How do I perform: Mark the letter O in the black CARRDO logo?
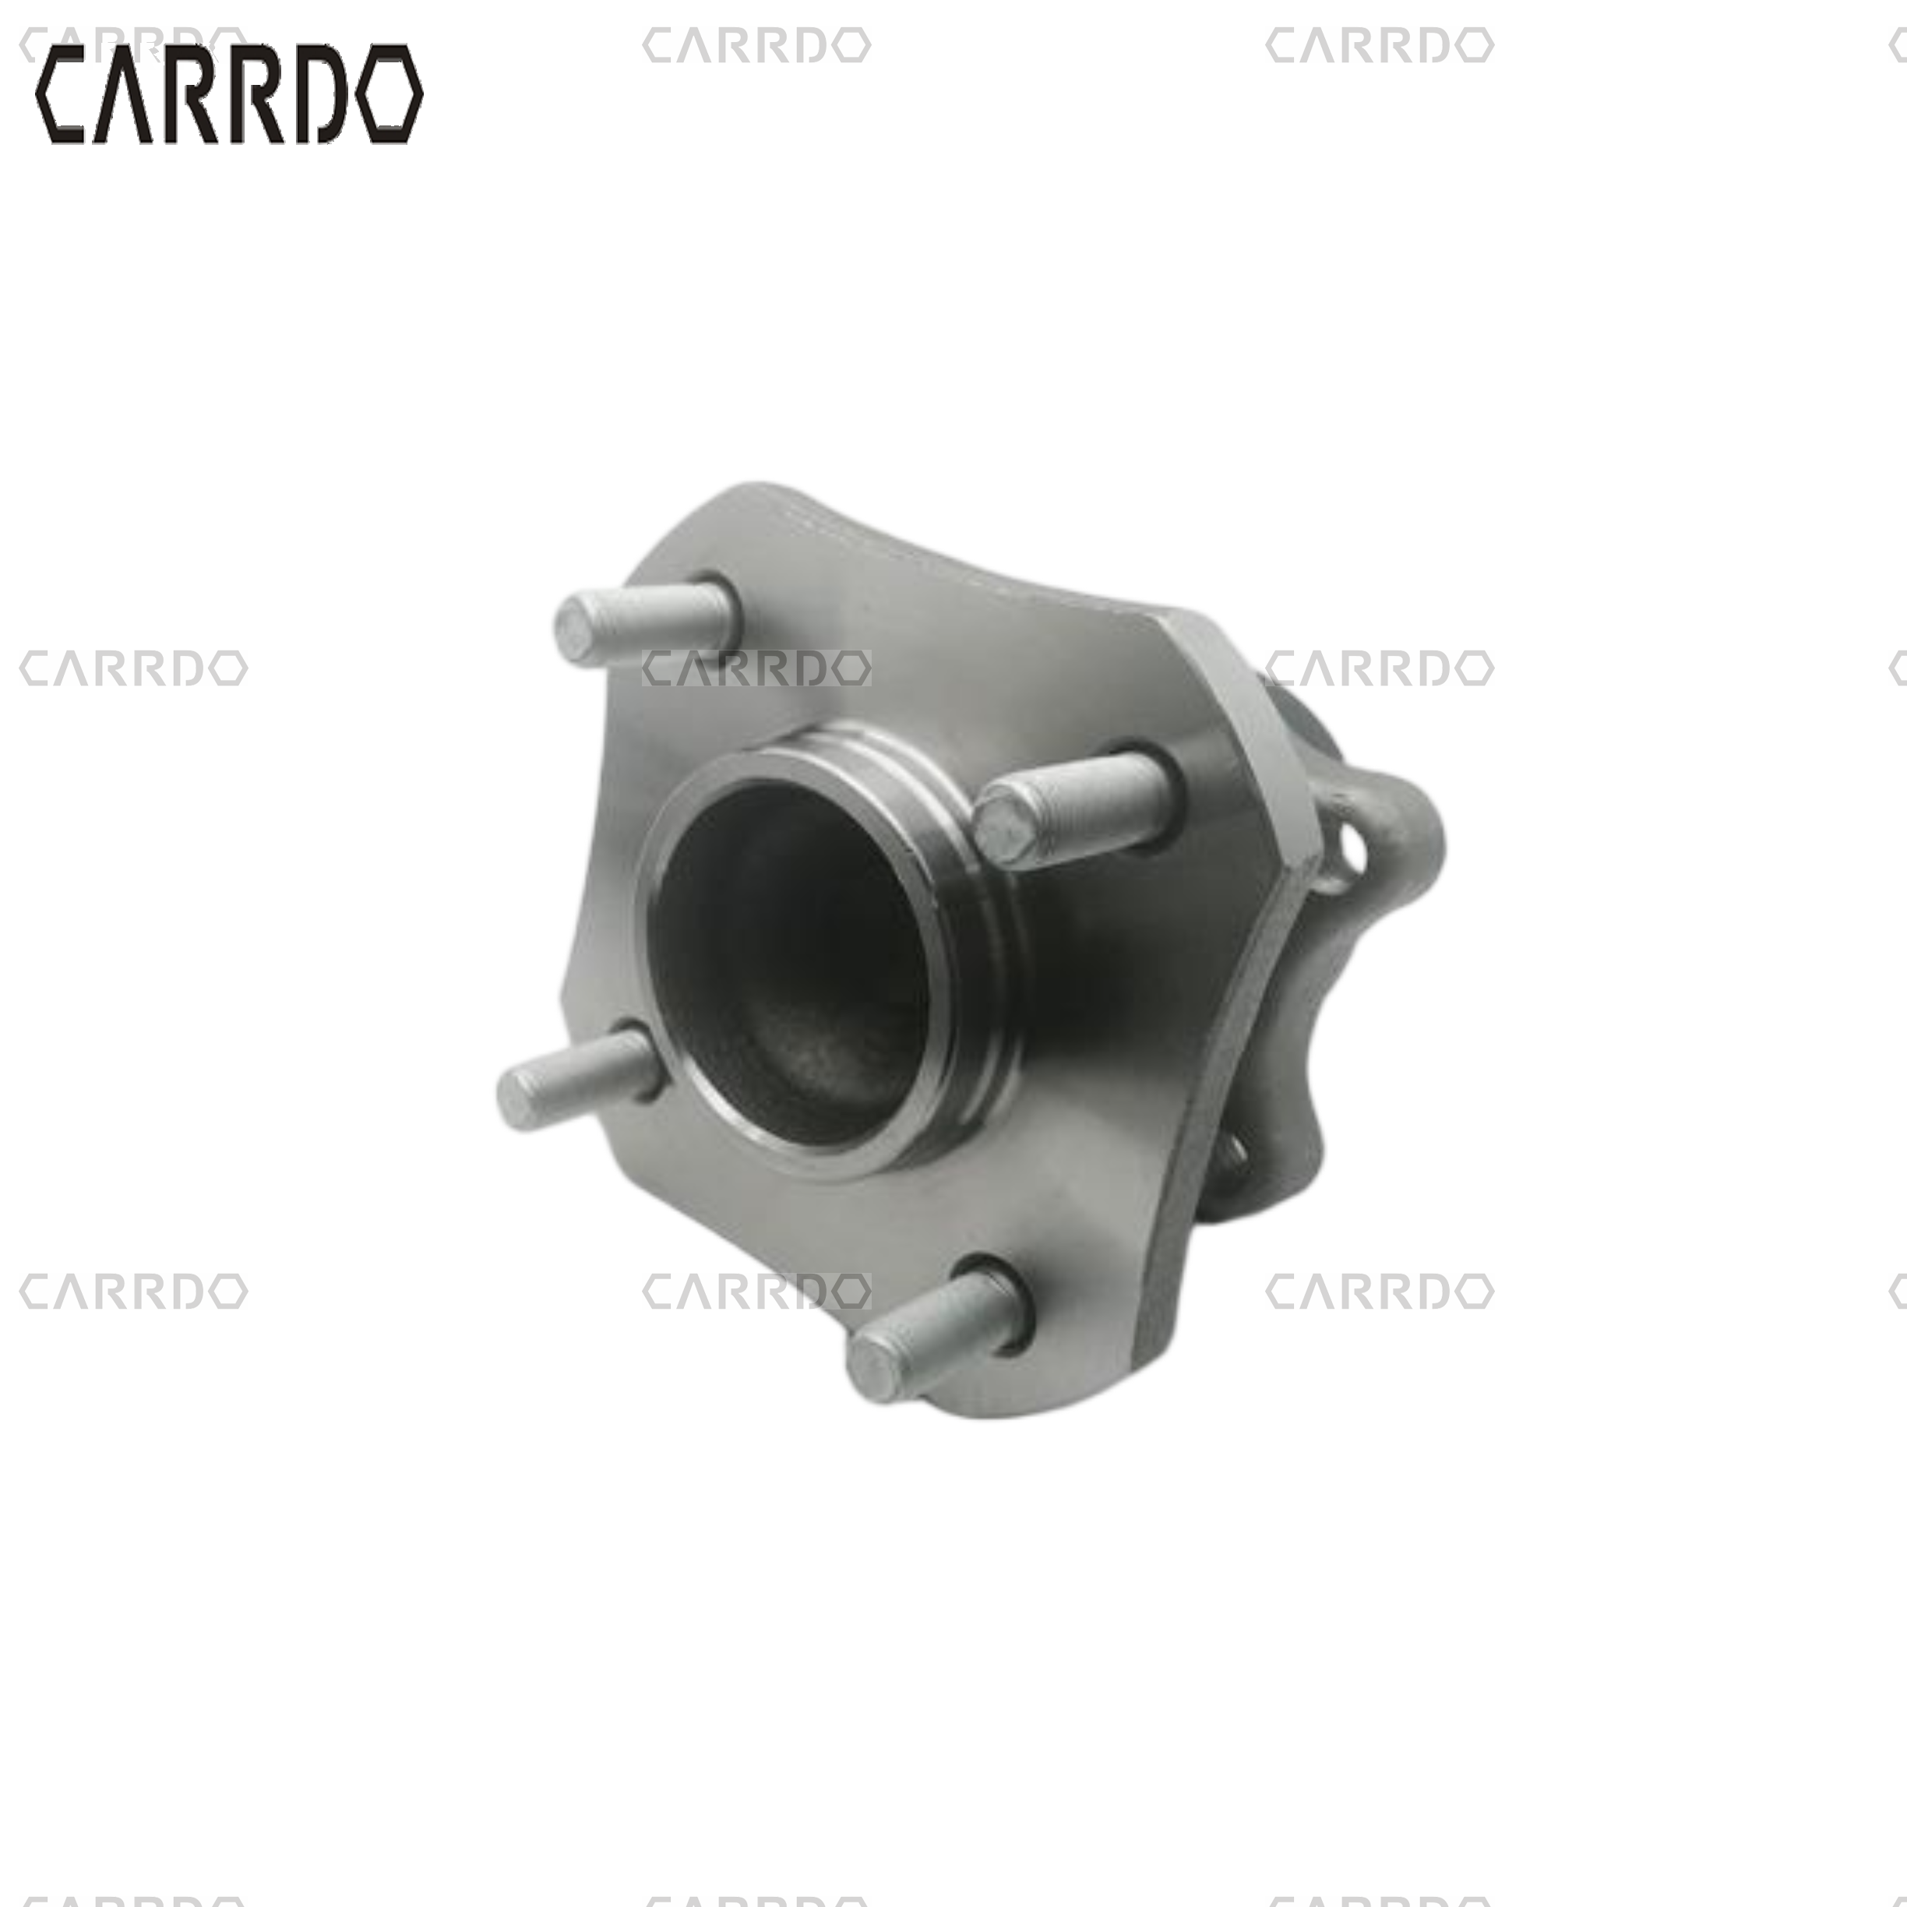[x=390, y=95]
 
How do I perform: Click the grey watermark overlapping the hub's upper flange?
[x=756, y=668]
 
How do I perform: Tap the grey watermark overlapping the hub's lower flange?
[x=756, y=1291]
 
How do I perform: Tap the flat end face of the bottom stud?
[x=872, y=1368]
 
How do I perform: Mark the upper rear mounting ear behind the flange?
[x=1392, y=829]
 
